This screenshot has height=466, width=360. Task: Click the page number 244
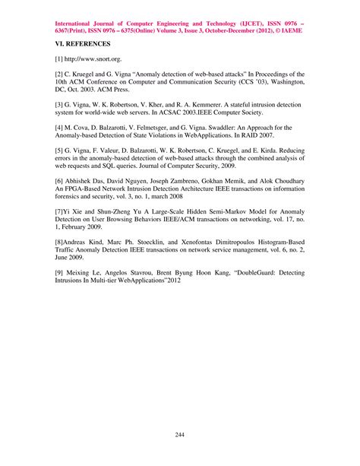[180, 435]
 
